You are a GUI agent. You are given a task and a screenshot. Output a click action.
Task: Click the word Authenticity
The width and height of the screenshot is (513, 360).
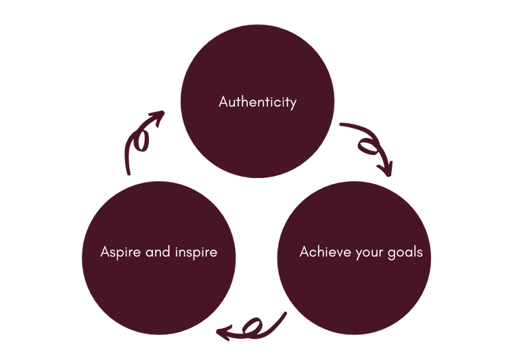point(257,102)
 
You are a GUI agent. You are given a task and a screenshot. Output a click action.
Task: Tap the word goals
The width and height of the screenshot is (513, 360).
point(404,253)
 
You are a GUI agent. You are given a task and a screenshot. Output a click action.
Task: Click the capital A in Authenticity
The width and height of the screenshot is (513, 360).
point(224,102)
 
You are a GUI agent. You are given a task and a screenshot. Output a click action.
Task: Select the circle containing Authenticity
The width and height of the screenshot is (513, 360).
point(257,74)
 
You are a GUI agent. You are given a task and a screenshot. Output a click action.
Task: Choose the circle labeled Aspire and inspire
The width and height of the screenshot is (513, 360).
point(158,291)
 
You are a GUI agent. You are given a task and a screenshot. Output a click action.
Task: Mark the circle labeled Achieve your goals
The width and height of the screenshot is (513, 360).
point(355,291)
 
